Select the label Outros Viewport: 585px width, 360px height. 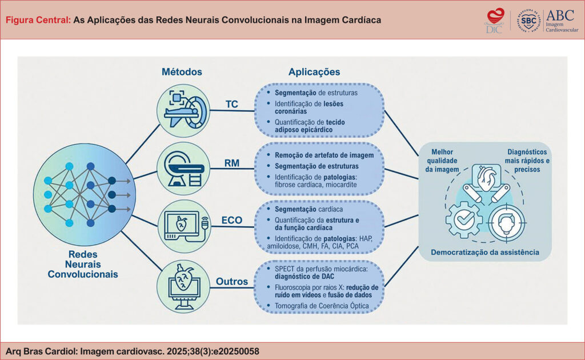[231, 281]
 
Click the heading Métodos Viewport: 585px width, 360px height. [182, 72]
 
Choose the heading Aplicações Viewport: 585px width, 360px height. [314, 72]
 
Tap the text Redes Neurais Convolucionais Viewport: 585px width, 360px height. [83, 264]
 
